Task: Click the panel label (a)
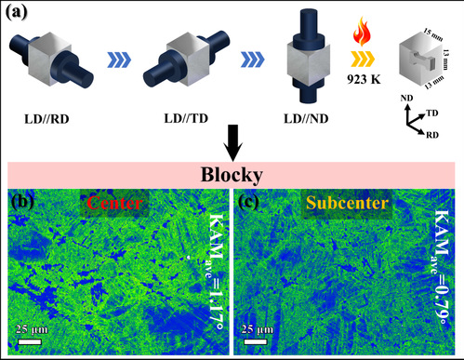click(x=17, y=13)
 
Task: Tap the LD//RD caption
click(x=46, y=119)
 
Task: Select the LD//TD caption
click(x=186, y=118)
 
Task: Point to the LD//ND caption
click(x=306, y=118)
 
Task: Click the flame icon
click(x=362, y=32)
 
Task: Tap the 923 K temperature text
click(x=364, y=79)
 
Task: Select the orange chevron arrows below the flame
click(x=363, y=59)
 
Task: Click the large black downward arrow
click(x=232, y=143)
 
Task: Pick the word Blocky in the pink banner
click(x=232, y=175)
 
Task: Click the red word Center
click(x=114, y=204)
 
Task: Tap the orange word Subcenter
click(x=347, y=203)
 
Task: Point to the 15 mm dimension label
click(x=433, y=35)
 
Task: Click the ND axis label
click(x=406, y=99)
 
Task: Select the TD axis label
click(x=432, y=113)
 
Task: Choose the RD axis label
click(x=432, y=135)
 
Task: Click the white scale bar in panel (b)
click(x=30, y=341)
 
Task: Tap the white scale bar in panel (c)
click(x=256, y=341)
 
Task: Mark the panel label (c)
click(x=248, y=202)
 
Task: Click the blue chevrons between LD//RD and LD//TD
click(x=119, y=60)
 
